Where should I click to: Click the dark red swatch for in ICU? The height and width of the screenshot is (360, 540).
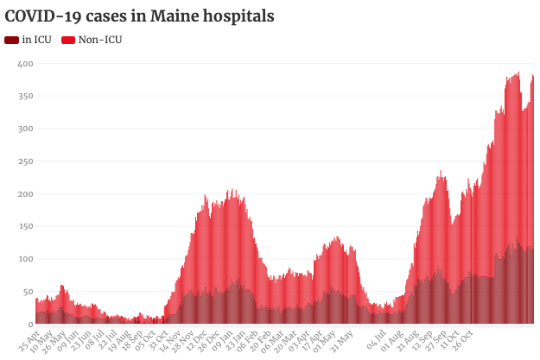click(12, 40)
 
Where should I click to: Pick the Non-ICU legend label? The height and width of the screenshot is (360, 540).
click(100, 40)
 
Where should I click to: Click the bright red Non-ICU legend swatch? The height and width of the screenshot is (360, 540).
click(68, 40)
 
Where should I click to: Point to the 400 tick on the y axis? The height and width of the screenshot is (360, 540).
click(25, 64)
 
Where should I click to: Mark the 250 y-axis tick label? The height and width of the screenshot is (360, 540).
click(25, 161)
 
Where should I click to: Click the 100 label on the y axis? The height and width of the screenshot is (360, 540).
click(25, 259)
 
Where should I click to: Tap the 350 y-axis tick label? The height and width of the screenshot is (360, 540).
click(25, 97)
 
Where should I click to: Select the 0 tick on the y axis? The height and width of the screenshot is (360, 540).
click(30, 324)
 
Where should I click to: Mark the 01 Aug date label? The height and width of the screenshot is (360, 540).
click(393, 337)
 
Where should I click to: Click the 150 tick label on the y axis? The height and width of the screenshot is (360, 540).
click(25, 226)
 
